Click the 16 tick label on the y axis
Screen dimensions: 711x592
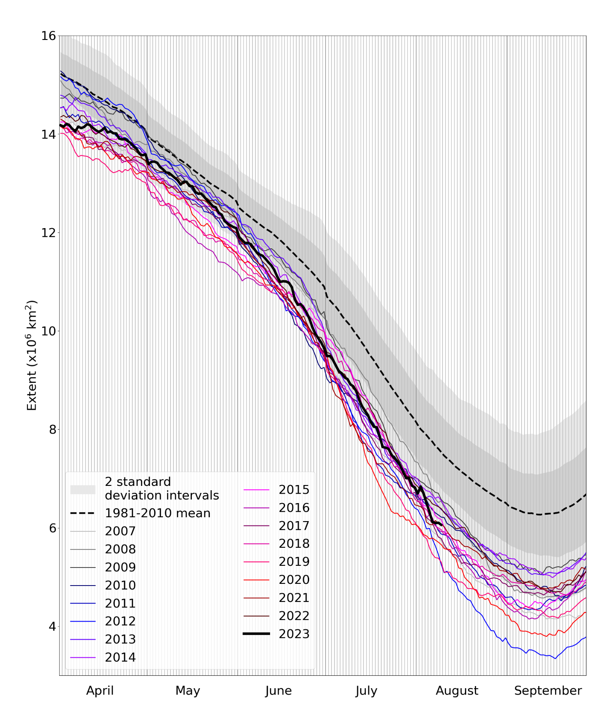(49, 36)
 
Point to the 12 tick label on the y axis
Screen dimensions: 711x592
(49, 232)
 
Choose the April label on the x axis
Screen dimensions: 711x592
(100, 690)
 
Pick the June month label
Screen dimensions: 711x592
(278, 690)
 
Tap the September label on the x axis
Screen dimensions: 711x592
(548, 690)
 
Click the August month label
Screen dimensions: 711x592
(457, 690)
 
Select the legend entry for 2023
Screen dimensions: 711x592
(294, 634)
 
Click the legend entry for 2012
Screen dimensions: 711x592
(120, 621)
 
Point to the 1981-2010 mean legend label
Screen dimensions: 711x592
(158, 513)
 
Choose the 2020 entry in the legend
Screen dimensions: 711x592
(294, 580)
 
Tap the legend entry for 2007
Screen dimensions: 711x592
(120, 531)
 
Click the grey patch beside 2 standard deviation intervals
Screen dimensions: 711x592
(83, 489)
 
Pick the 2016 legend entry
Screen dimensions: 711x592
(294, 508)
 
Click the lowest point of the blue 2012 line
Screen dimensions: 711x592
(555, 659)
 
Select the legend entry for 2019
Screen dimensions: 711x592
(294, 561)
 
